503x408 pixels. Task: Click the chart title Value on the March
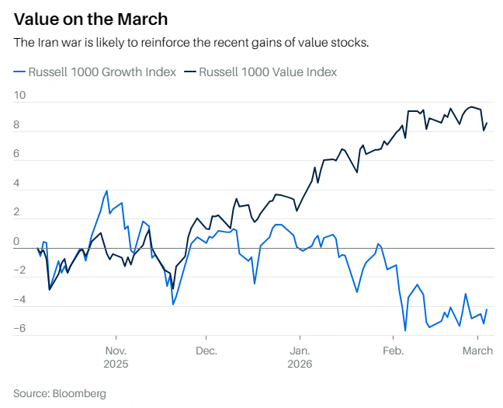pos(91,18)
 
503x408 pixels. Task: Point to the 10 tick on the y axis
pos(19,96)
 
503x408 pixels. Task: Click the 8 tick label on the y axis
pos(16,125)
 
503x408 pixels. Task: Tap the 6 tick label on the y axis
pos(16,154)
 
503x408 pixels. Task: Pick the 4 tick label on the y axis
pos(16,183)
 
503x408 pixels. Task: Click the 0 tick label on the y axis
pos(16,242)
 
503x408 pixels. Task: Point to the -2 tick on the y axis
pos(19,271)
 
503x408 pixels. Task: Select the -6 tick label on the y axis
pos(19,330)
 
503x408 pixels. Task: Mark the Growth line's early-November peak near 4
pos(106,190)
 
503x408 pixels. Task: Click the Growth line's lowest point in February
pos(405,331)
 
